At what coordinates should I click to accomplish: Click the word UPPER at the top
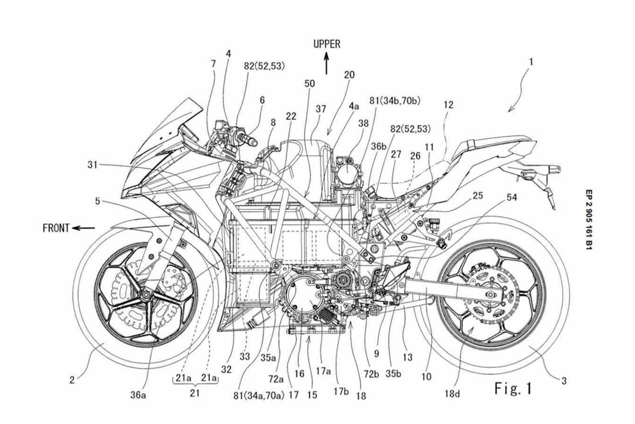327,44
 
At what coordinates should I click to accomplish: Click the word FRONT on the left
56,228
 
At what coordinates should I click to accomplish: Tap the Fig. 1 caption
513,388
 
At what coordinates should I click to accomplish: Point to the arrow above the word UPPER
326,64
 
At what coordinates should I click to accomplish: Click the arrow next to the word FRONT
84,228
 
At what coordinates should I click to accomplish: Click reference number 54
512,198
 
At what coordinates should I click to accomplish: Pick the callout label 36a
137,395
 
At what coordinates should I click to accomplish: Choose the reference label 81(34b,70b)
394,100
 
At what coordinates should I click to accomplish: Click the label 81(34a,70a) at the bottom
260,395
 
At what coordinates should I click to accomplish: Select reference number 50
310,83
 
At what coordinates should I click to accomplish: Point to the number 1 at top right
531,62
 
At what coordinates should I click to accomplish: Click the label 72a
276,379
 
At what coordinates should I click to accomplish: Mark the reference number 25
478,196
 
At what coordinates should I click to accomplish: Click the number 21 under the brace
195,393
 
